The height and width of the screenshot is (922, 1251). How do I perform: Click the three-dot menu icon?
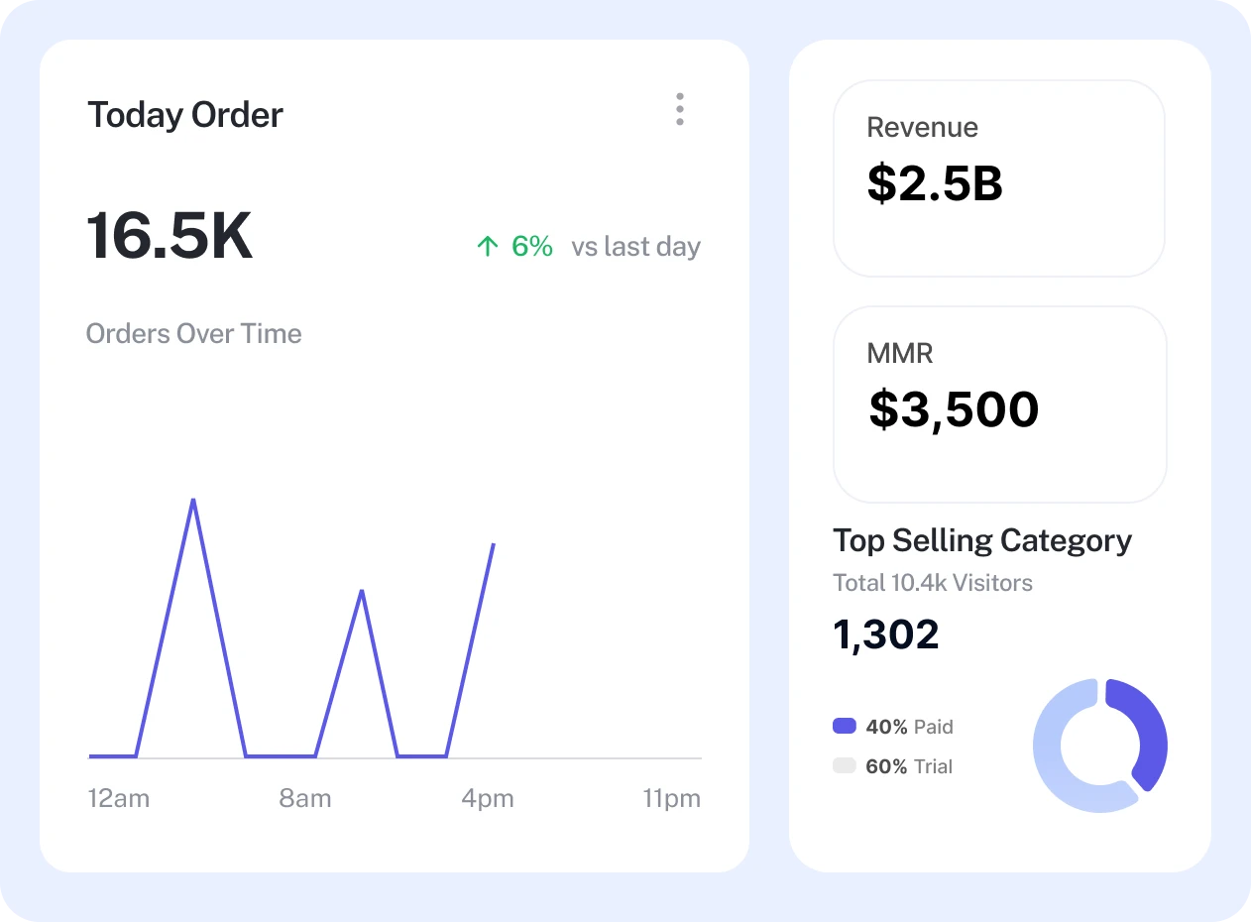680,109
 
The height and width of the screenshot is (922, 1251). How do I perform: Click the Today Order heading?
185,115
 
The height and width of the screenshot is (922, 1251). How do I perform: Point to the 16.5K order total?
170,236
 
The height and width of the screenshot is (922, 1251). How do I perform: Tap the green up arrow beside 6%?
487,246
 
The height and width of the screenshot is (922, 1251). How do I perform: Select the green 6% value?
532,246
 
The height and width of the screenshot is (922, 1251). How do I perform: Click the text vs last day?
635,246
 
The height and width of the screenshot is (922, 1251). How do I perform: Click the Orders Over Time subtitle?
193,333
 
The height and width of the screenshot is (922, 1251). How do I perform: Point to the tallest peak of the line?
193,500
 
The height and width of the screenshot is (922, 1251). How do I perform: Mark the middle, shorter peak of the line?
362,591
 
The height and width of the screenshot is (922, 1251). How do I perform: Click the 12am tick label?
118,798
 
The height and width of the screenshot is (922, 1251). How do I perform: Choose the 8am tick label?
305,798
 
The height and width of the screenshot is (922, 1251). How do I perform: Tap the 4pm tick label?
488,798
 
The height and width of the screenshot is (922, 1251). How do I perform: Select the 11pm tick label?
671,798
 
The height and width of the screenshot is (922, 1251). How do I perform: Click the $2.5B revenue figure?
935,183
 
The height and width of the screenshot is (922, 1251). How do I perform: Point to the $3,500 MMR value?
954,409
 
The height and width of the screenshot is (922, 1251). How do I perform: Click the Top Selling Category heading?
982,540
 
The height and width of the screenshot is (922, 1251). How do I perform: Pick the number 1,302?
886,634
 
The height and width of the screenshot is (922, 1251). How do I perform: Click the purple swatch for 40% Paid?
844,726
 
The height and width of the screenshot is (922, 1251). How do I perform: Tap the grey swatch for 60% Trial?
844,765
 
